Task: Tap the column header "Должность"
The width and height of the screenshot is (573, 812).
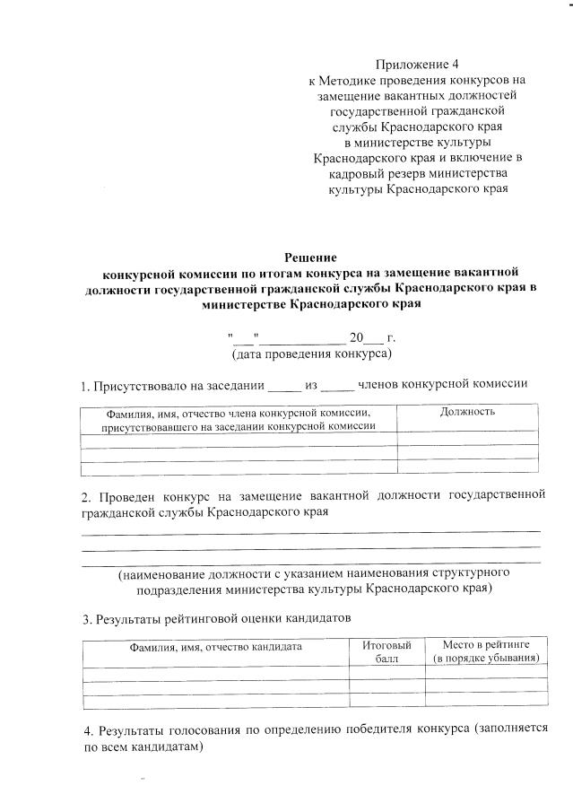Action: tap(468, 411)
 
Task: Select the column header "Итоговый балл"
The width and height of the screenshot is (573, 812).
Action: tap(386, 652)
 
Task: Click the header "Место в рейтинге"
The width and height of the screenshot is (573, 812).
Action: tap(487, 645)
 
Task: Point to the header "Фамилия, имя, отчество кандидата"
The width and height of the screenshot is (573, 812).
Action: tap(214, 646)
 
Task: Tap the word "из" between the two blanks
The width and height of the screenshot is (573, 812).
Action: tap(312, 386)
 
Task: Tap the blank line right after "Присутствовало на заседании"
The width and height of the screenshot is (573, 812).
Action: tap(285, 389)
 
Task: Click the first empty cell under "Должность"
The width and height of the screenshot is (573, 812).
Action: tap(468, 439)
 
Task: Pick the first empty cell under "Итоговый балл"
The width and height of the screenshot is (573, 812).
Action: tap(386, 674)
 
